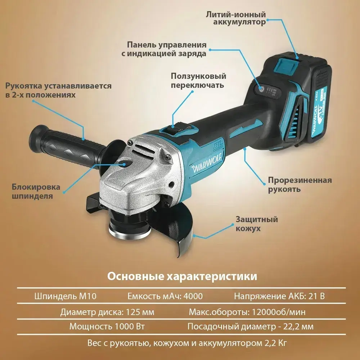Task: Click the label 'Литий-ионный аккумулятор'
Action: coord(236,18)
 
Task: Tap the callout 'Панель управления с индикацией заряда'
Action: coord(167,49)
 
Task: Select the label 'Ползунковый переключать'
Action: coord(198,81)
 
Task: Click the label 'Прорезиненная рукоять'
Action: coord(300,184)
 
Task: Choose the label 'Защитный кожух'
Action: coord(256,224)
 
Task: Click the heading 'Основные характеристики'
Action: coord(183,276)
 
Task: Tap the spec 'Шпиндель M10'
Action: coord(66,296)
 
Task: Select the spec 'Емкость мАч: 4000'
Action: coord(165,296)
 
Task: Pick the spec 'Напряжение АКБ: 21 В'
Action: coord(279,296)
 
